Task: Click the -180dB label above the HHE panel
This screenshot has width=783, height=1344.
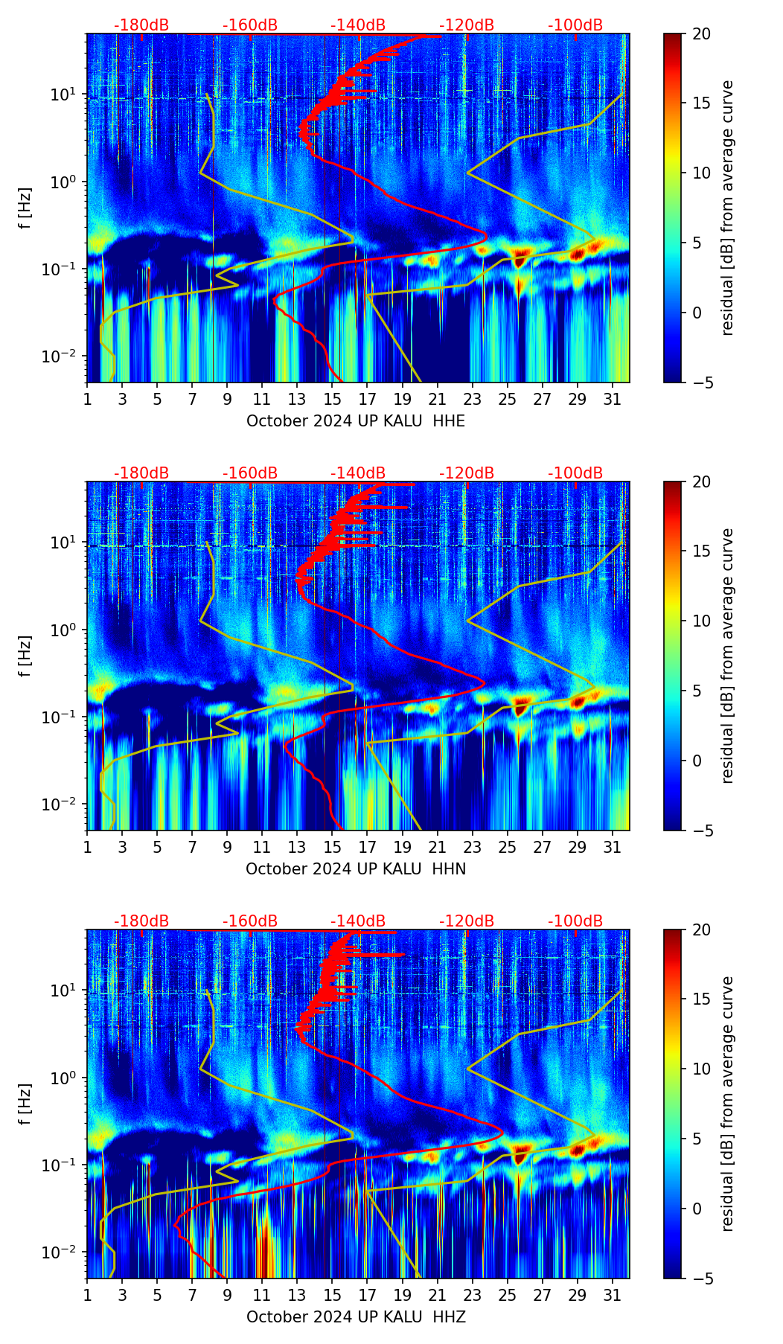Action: [x=141, y=25]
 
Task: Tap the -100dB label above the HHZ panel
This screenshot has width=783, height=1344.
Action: [x=575, y=921]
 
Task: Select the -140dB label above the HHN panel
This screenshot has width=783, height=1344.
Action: [x=358, y=473]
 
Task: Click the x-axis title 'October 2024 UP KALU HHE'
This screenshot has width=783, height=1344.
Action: [x=356, y=421]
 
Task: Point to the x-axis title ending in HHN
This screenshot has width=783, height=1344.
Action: [x=356, y=869]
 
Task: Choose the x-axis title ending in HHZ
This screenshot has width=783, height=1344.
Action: [x=356, y=1317]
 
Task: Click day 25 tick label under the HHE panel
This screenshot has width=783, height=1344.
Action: [x=507, y=399]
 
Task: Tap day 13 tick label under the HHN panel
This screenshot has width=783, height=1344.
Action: [x=297, y=847]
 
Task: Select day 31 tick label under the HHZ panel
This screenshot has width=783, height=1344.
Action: [x=612, y=1295]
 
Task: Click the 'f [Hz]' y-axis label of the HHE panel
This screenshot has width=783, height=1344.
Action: [x=25, y=208]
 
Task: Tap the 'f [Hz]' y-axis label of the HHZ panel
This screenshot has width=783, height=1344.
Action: [x=25, y=1104]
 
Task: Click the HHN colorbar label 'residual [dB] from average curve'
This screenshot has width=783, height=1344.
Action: [x=727, y=656]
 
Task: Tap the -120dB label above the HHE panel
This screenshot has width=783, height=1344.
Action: [x=467, y=25]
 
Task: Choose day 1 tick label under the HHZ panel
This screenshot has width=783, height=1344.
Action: [x=87, y=1295]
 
